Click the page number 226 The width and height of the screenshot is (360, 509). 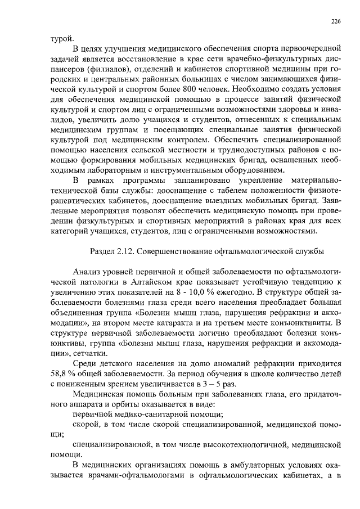coord(336,21)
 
